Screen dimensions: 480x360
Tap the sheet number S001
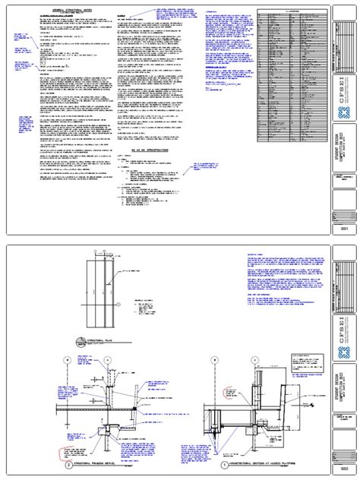point(346,227)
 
